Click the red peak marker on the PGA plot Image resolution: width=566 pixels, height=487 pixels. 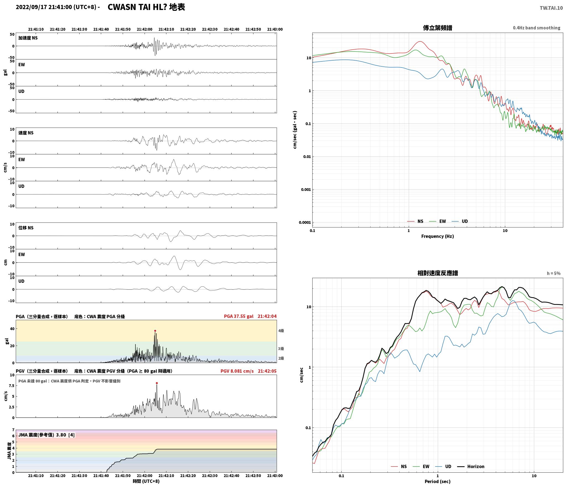point(155,331)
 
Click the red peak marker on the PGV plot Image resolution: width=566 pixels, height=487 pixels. point(157,383)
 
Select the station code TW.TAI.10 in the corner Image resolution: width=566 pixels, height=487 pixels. point(551,8)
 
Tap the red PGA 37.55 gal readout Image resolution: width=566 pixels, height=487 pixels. point(239,316)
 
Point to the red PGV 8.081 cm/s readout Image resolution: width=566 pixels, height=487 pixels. point(237,371)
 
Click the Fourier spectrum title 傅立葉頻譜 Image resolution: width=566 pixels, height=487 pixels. point(437,28)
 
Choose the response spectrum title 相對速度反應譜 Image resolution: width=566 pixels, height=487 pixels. point(437,273)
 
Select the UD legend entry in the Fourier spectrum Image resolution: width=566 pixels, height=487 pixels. point(460,221)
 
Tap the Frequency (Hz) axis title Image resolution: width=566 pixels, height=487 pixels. point(437,236)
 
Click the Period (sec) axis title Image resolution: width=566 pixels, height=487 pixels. point(437,481)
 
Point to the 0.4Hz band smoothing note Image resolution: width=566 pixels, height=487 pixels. point(537,28)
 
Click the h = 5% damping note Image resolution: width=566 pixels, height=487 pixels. point(554,273)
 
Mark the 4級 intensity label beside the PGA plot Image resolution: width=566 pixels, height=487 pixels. point(281,331)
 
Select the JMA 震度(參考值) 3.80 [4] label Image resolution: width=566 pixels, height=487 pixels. point(46,435)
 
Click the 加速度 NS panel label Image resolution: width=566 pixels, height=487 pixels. point(28,38)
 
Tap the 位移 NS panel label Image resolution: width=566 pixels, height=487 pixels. point(26,228)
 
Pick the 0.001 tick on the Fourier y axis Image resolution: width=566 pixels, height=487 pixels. point(306,190)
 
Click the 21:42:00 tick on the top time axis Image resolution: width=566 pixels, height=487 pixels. point(145,29)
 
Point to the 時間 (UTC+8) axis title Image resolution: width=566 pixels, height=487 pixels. point(146,481)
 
